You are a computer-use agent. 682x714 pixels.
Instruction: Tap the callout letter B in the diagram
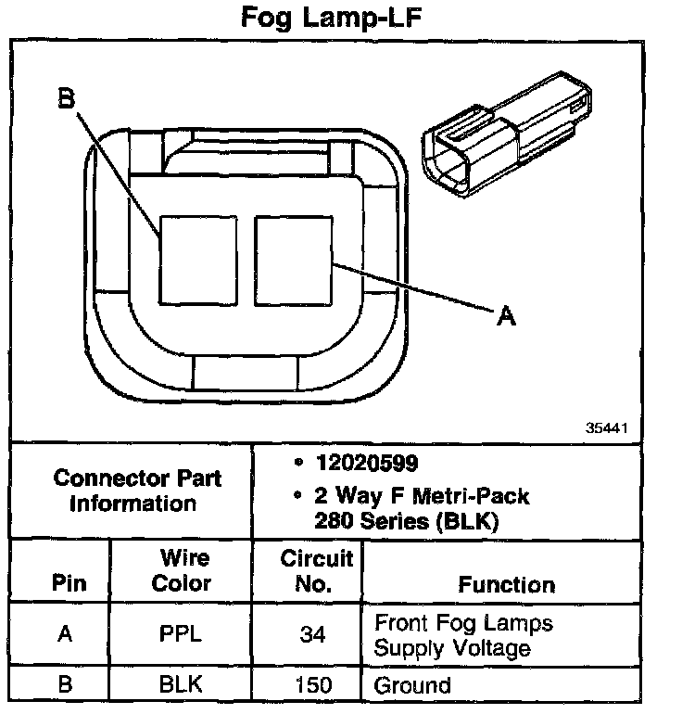click(x=66, y=98)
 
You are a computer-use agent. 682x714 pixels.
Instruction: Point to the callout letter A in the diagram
click(x=506, y=317)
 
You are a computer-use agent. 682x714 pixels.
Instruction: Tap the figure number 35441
click(x=607, y=428)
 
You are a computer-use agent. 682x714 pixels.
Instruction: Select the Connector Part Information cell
click(x=137, y=491)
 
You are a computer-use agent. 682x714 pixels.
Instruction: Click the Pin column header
click(x=68, y=584)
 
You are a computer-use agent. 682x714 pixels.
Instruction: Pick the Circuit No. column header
click(x=317, y=571)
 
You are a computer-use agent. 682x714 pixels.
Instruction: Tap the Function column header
click(x=506, y=584)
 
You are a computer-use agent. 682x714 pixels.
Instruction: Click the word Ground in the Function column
click(x=412, y=686)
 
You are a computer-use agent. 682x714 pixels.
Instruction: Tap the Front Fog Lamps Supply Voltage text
click(x=462, y=635)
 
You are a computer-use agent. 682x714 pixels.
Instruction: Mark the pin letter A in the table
click(x=65, y=635)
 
